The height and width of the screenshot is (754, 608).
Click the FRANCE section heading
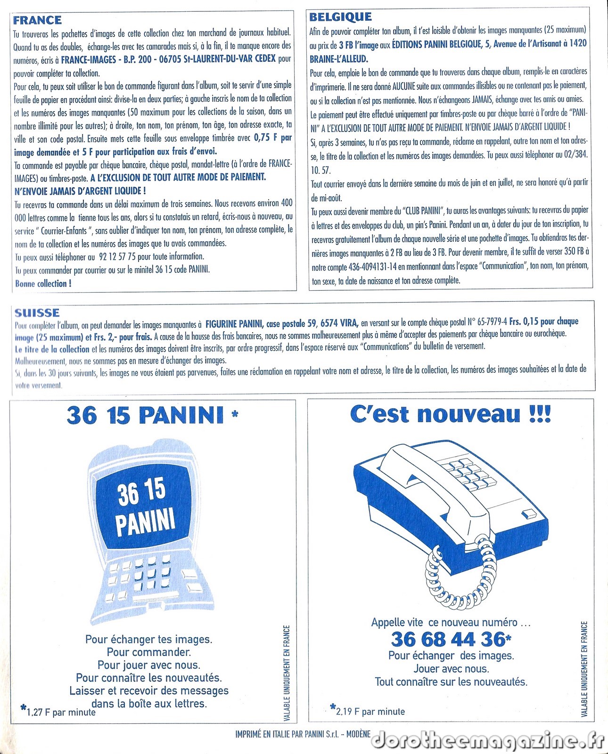pos(37,20)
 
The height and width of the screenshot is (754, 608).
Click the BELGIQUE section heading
pos(340,17)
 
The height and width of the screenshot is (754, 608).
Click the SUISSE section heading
pos(37,313)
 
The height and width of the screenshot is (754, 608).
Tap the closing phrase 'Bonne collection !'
pos(43,284)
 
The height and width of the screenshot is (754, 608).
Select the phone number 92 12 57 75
pos(117,257)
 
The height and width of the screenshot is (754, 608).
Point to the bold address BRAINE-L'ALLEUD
pos(339,59)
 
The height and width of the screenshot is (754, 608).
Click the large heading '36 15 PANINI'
pos(145,416)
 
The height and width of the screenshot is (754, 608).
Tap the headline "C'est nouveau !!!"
pos(450,415)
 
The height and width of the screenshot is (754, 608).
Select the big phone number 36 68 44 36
pos(448,639)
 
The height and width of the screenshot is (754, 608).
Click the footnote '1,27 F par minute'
pos(61,712)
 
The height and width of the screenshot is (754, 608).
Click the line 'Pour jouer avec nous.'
pos(149,665)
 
